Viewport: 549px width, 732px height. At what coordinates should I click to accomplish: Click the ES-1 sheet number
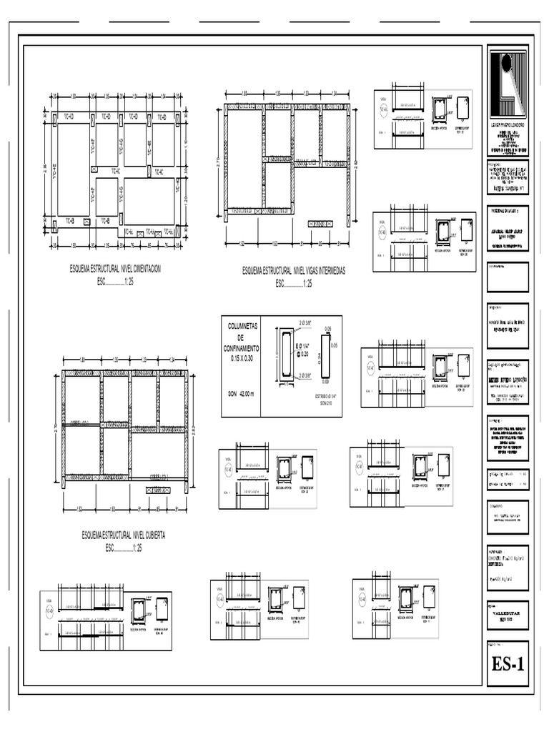pos(508,664)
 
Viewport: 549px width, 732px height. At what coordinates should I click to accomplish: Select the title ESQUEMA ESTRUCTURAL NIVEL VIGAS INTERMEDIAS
pos(294,272)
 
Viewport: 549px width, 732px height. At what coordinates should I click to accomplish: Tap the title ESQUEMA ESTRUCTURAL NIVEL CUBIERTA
pos(124,535)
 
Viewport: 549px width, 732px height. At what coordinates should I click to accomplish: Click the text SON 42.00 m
pos(241,394)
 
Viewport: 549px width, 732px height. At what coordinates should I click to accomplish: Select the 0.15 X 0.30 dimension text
pos(241,357)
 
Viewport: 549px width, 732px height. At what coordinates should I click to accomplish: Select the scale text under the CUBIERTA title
pos(124,548)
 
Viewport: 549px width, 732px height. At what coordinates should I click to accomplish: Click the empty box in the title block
pos(507,278)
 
